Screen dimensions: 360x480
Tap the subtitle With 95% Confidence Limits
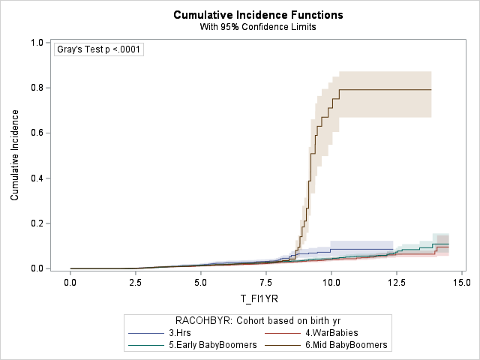coord(247,27)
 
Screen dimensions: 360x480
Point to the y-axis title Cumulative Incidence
coord(15,155)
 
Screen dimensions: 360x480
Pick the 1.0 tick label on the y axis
coord(36,43)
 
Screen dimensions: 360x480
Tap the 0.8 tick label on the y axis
coord(36,88)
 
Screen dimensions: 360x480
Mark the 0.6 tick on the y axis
coord(36,133)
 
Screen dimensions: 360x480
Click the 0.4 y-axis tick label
coord(36,178)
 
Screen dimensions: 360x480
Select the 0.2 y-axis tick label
coord(36,223)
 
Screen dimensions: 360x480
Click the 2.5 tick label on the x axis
coord(136,283)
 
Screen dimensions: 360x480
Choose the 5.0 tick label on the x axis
coord(201,283)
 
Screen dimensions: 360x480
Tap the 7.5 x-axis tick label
coord(266,283)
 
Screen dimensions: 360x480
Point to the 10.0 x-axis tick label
coord(331,283)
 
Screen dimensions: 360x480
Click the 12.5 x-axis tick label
coord(397,283)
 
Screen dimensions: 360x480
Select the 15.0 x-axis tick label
coord(462,283)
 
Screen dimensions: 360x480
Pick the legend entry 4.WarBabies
coord(325,332)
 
